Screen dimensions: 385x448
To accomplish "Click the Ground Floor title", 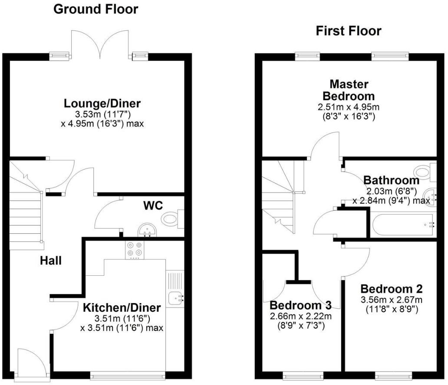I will click(x=96, y=9).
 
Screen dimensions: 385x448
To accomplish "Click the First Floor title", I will click(x=349, y=31).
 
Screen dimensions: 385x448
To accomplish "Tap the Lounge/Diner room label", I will click(x=102, y=104).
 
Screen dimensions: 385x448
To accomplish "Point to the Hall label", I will click(x=51, y=261).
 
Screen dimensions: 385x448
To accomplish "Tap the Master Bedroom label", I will click(x=349, y=90).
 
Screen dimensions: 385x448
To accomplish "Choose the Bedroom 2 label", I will click(x=392, y=289).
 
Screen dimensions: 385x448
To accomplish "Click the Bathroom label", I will click(x=391, y=180).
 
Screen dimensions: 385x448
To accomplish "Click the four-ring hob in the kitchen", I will click(x=134, y=249).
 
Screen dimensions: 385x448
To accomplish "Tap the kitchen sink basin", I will click(x=176, y=298).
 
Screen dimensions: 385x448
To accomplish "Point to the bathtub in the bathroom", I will click(x=404, y=225).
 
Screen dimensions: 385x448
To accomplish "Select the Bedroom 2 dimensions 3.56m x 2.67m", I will click(x=392, y=300).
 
